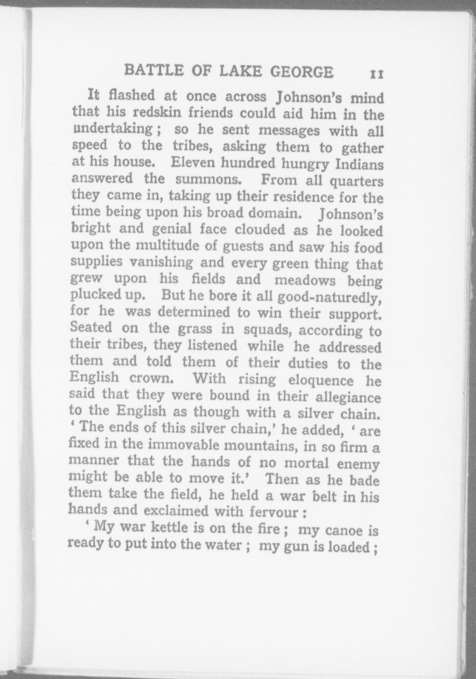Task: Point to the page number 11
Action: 376,74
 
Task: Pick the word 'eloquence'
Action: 320,380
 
